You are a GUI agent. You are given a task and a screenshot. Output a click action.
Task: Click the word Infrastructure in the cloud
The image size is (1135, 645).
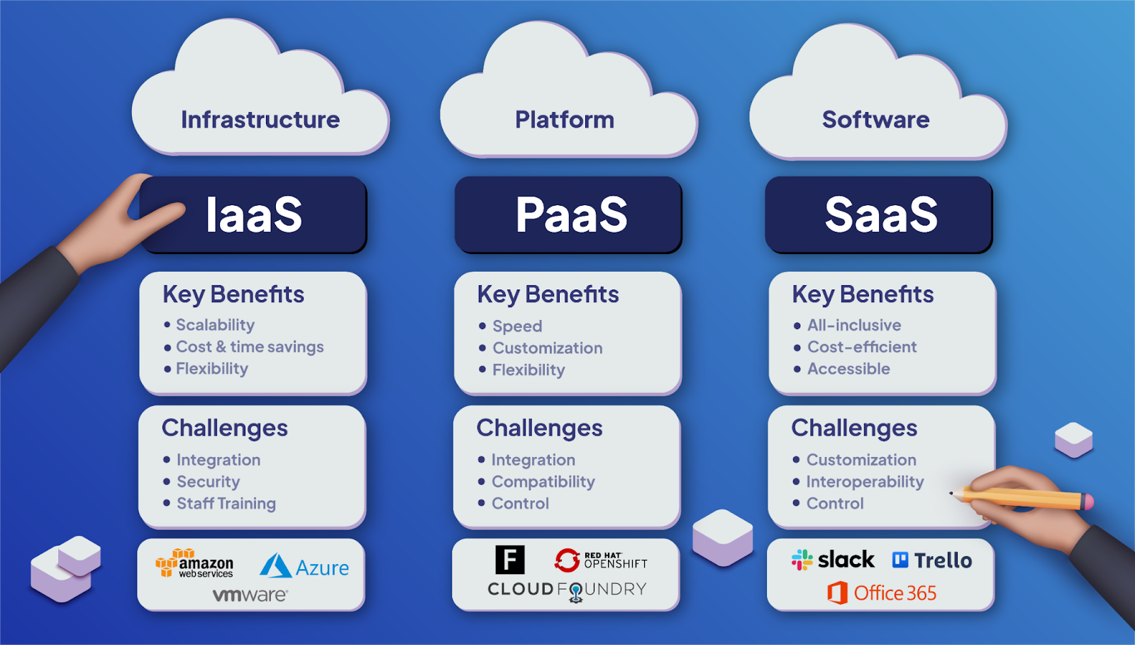(260, 119)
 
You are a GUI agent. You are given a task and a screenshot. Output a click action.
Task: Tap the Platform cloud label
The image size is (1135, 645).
(565, 119)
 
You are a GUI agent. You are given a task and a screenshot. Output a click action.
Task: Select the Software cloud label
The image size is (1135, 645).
(875, 119)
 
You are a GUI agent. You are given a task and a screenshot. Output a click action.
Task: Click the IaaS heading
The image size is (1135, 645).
(253, 215)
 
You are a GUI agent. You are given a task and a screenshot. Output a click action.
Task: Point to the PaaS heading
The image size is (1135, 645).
(571, 215)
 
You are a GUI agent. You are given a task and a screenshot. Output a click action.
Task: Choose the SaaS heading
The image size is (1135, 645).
(880, 215)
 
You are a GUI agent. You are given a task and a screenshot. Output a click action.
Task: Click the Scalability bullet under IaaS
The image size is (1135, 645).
(215, 325)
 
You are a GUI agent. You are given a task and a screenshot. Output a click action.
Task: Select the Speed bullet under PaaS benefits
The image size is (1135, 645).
(517, 326)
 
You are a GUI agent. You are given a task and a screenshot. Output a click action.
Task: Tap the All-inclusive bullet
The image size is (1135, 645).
(854, 325)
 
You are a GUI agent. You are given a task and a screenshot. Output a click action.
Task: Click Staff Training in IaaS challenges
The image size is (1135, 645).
(226, 504)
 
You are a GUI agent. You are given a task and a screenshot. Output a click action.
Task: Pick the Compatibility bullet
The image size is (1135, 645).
(543, 482)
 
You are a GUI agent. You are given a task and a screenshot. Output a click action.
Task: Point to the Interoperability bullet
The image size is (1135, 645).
(865, 482)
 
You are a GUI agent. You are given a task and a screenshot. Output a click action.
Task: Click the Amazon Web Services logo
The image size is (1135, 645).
(194, 563)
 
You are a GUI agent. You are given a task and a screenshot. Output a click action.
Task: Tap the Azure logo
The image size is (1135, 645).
(305, 567)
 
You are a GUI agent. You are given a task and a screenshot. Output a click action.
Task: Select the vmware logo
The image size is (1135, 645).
(250, 595)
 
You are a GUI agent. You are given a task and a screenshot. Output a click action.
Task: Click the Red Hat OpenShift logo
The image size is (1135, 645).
(602, 561)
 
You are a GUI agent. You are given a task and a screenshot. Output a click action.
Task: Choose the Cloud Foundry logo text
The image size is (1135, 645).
(567, 590)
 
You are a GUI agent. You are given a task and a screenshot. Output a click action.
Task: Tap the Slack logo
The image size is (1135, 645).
(834, 560)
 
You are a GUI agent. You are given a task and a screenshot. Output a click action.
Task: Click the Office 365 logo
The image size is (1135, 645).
(882, 592)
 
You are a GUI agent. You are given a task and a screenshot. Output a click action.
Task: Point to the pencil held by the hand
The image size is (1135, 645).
(1021, 497)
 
